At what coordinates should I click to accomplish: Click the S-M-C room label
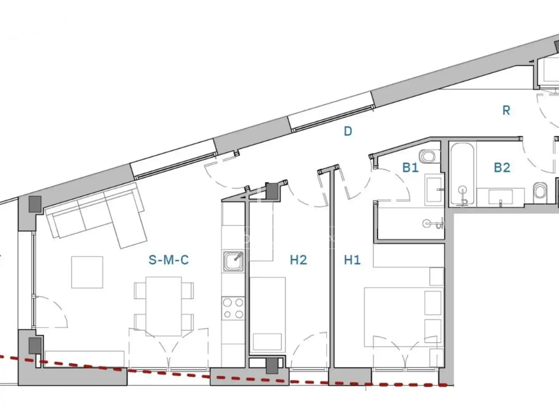pos(168,260)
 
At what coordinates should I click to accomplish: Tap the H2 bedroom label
pos(299,260)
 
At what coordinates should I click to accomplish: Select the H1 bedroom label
pos(352,260)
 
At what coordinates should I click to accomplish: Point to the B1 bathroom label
pos(410,168)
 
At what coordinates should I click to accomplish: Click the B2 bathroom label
pos(502,168)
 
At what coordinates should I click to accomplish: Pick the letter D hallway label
pos(348,131)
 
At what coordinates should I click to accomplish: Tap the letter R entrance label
pos(506,111)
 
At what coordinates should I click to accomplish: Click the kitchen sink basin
pos(233,261)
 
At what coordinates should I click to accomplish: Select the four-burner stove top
pos(233,308)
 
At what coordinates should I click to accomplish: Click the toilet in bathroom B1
pos(430,156)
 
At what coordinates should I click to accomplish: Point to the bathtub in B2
pos(462,174)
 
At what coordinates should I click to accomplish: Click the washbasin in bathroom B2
pos(500,196)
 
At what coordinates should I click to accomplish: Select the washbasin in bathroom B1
pos(434,190)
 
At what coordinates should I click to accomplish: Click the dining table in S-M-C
pos(164,306)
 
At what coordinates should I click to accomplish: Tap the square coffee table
pos(87,272)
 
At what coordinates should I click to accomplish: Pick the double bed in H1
pos(404,317)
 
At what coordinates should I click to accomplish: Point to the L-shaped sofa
pos(97,215)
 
